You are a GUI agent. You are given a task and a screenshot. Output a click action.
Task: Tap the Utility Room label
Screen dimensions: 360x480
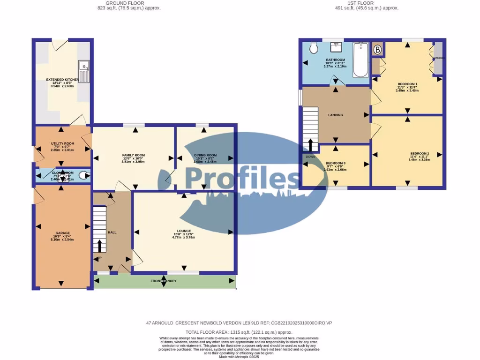click(63, 143)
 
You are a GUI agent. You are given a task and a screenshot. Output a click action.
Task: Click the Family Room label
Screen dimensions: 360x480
click(133, 155)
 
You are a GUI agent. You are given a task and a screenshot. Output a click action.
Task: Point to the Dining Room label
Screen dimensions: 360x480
click(205, 155)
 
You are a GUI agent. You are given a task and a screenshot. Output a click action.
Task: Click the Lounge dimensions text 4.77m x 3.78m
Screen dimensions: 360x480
click(183, 237)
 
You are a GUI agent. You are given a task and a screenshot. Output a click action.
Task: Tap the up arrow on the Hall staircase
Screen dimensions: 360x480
click(99, 245)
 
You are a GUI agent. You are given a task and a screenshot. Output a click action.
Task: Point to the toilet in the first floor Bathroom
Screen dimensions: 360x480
click(314, 48)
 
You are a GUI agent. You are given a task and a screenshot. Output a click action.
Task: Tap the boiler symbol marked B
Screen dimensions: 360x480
click(377, 50)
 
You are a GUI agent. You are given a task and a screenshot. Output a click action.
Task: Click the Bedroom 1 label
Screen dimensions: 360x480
click(406, 84)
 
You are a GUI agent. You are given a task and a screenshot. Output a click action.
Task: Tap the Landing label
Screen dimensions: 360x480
click(335, 115)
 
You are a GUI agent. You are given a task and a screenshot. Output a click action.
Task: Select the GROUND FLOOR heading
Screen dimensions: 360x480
click(129, 3)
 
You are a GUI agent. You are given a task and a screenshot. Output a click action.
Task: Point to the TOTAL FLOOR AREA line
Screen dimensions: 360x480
click(240, 331)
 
